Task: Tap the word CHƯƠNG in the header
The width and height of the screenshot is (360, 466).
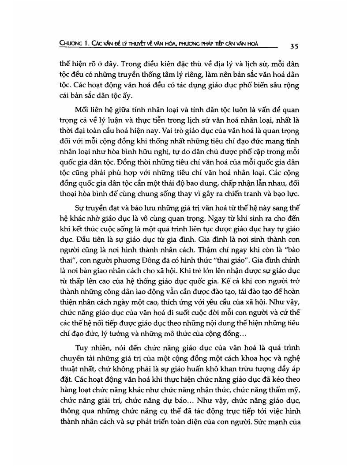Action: tap(73, 43)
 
